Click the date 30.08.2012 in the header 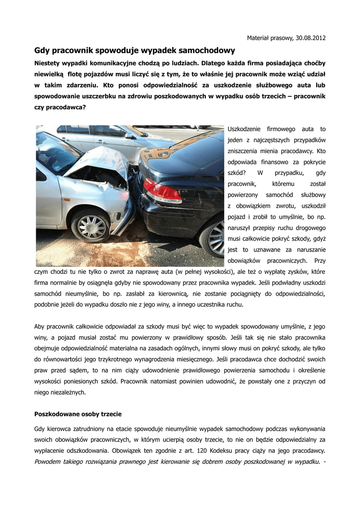pyautogui.click(x=311, y=38)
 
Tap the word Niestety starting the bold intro pyautogui.click(x=48, y=63)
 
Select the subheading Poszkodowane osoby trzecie pyautogui.click(x=78, y=414)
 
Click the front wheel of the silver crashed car pyautogui.click(x=91, y=227)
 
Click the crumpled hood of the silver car pyautogui.click(x=97, y=159)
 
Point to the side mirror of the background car pyautogui.click(x=130, y=135)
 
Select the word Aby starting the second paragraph pyautogui.click(x=39, y=326)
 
